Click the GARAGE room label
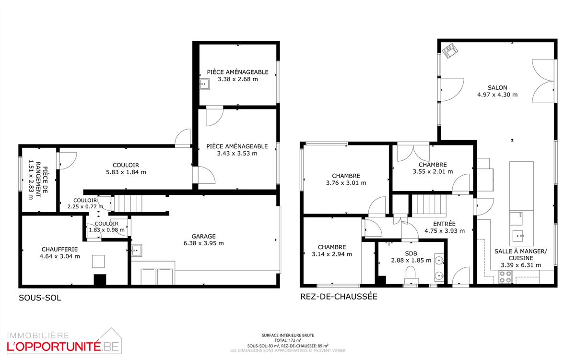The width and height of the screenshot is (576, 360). click(203, 236)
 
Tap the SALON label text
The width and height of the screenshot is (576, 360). click(497, 87)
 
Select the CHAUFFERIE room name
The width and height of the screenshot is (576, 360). click(59, 249)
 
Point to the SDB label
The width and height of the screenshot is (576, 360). click(411, 253)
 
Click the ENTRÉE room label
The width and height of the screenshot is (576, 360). click(444, 224)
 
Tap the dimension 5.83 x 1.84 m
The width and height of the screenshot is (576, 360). click(126, 172)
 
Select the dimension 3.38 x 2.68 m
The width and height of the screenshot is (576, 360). click(237, 79)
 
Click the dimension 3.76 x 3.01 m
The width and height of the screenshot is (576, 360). click(346, 183)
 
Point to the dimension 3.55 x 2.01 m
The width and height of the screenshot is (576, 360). click(433, 172)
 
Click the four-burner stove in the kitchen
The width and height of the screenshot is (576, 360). click(505, 277)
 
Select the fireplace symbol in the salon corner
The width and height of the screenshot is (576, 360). click(450, 50)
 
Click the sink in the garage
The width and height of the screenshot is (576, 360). click(137, 250)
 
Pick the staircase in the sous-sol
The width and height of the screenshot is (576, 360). click(128, 204)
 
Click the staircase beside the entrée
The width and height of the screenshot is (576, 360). click(429, 204)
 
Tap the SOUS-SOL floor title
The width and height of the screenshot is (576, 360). click(40, 298)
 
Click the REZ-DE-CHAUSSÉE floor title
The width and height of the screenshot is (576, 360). click(339, 297)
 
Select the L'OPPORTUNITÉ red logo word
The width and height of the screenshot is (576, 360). click(54, 347)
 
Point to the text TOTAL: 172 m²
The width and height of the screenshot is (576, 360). click(288, 340)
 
